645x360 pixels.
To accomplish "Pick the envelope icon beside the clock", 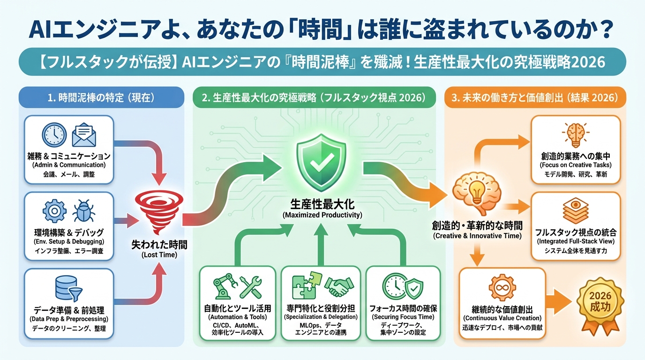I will click(x=83, y=135).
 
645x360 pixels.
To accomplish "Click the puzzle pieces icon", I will click(x=304, y=286).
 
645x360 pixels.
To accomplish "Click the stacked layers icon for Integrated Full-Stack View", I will click(x=576, y=210).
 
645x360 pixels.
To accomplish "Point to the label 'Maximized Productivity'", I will click(x=322, y=215).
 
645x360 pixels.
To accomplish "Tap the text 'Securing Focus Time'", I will click(x=403, y=317).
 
